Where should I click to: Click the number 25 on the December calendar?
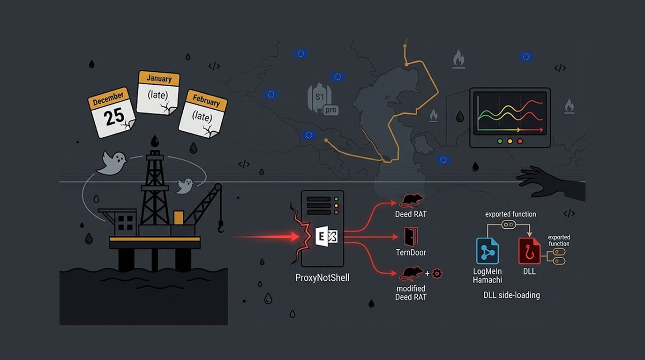114,117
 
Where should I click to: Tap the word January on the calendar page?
159,78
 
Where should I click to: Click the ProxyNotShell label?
322,277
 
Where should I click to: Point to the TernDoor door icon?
411,237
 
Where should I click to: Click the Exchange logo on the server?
327,237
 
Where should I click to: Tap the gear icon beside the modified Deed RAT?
437,274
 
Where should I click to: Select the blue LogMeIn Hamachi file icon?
487,251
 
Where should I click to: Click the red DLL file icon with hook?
529,251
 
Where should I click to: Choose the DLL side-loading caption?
511,295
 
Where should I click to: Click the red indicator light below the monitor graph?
520,141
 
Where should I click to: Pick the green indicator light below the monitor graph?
500,141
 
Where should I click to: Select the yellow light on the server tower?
336,206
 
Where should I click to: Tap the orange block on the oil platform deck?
179,217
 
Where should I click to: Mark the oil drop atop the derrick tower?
155,141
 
